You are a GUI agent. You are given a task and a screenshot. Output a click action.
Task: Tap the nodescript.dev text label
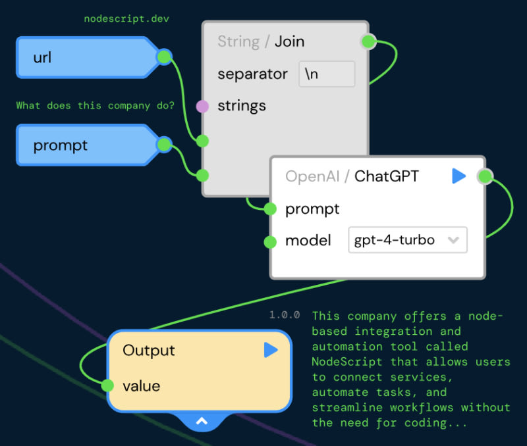point(126,18)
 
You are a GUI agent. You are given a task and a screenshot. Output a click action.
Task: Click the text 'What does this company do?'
point(95,105)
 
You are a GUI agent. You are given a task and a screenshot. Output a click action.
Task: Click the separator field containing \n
point(327,74)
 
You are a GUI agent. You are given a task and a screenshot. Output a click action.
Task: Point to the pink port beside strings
point(202,106)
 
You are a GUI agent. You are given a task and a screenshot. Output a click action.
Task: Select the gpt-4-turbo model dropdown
point(407,240)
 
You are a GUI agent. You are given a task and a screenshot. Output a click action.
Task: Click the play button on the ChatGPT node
point(458,176)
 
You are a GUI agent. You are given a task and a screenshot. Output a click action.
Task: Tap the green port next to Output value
point(107,385)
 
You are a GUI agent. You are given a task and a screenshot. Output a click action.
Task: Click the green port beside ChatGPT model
point(270,242)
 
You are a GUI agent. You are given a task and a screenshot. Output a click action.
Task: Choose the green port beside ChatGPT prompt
point(270,210)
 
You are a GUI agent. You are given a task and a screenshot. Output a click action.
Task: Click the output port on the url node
point(164,57)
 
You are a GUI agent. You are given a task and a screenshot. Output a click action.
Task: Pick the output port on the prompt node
point(164,145)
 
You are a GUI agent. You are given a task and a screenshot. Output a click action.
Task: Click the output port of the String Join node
point(368,41)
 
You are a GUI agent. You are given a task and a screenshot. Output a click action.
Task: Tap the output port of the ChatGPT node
point(485,176)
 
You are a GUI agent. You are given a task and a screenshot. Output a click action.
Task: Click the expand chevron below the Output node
point(202,421)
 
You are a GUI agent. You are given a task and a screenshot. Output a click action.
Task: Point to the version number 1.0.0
point(285,315)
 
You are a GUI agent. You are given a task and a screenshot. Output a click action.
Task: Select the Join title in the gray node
point(290,41)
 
